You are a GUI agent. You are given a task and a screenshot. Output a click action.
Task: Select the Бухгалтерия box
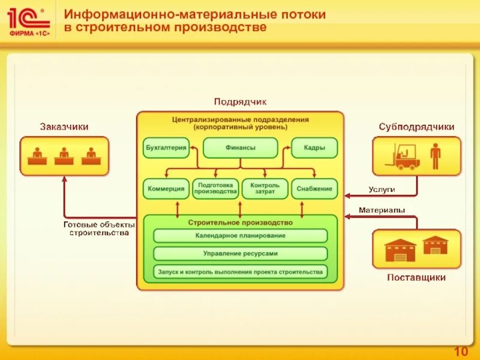click(166, 148)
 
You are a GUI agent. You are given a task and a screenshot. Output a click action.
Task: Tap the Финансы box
click(240, 148)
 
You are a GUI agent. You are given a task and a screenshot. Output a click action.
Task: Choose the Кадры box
click(314, 148)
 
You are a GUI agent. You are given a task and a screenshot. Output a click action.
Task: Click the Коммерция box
click(166, 189)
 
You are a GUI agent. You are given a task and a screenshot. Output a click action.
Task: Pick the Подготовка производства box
click(215, 189)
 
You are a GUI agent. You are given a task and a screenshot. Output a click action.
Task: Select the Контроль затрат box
click(265, 189)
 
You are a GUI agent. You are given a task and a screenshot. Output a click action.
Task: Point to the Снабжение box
click(314, 189)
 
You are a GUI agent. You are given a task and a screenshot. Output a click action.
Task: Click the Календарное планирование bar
click(240, 236)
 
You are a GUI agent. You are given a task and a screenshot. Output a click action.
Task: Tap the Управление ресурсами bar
click(240, 253)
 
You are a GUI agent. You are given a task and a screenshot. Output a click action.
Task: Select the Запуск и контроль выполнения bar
click(240, 271)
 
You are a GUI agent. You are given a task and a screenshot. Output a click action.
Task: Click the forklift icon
click(403, 157)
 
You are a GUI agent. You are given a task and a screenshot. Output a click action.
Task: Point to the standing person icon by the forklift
click(435, 156)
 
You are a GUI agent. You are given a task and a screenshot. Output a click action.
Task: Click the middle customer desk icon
click(64, 156)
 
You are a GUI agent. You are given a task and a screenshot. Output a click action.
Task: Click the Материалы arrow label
click(382, 210)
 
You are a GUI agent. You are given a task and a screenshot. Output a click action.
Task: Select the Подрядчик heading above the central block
click(240, 102)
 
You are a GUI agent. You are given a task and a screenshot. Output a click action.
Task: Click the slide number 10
click(461, 351)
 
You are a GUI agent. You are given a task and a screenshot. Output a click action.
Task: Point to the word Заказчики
click(64, 127)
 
